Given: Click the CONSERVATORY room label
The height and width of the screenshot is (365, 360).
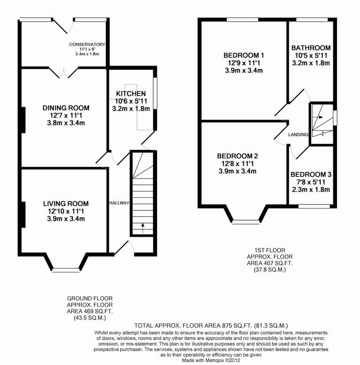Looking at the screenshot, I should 87,45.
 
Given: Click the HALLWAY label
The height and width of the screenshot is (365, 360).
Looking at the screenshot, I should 119,203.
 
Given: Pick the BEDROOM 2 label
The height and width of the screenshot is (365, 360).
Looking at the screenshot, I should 237,156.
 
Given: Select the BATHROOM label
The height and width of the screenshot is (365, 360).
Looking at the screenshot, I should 311,48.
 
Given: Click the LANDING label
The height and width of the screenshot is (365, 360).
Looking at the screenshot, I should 299,134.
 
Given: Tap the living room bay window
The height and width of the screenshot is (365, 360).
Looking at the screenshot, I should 66,269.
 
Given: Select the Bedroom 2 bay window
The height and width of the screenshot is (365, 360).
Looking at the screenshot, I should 246,222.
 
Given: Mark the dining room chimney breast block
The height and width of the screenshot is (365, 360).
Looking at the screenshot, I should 22,120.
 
